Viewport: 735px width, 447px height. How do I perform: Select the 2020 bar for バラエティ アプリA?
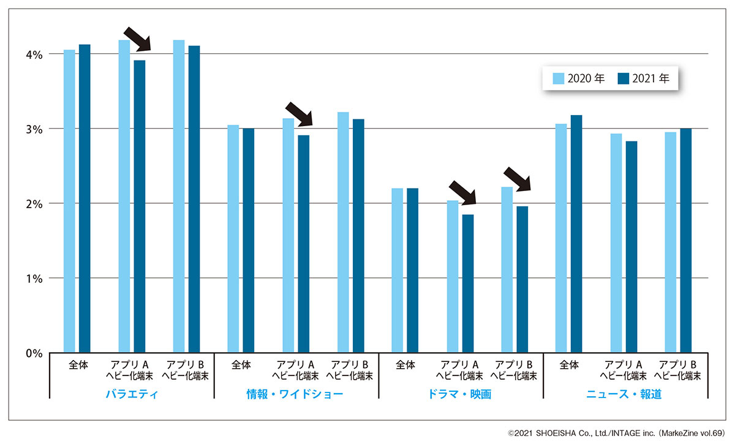[x=124, y=196]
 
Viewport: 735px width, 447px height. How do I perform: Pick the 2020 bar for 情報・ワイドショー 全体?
[x=233, y=239]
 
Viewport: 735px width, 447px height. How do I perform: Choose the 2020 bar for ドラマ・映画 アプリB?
[x=507, y=269]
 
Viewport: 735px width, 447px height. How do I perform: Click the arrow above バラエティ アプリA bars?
[x=137, y=39]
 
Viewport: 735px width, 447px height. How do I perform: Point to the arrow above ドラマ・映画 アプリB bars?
[x=516, y=179]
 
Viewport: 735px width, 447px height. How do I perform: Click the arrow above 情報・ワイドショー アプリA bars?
[x=299, y=113]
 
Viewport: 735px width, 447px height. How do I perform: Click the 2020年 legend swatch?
[x=558, y=78]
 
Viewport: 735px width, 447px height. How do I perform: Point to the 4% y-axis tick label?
[x=34, y=54]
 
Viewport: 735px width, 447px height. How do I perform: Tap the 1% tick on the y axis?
[x=34, y=279]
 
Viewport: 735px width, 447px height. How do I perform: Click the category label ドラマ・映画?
[x=460, y=394]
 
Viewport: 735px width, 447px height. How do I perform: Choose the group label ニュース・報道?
[x=625, y=394]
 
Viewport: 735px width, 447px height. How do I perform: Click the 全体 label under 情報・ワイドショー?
[x=241, y=365]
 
